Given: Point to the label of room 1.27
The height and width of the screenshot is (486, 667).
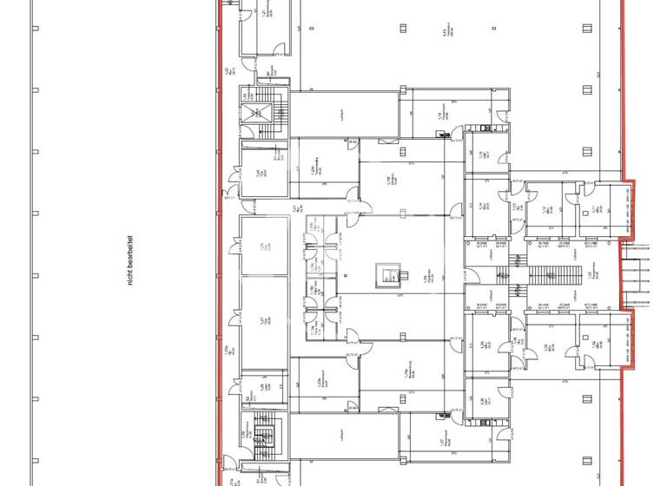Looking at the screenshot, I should (x=261, y=320).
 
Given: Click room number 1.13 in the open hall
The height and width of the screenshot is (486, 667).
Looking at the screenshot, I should (x=444, y=35).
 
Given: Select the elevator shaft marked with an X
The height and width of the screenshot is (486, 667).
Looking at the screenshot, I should (x=255, y=112).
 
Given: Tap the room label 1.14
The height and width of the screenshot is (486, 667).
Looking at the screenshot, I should (x=480, y=206).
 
